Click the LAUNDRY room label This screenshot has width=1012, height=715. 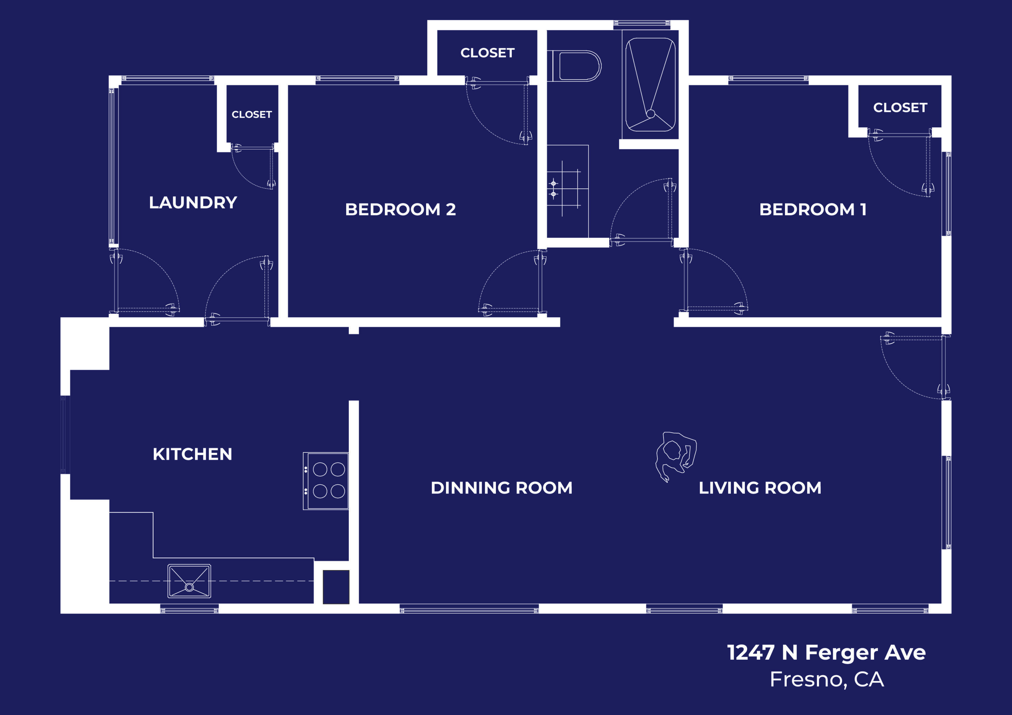pyautogui.click(x=193, y=203)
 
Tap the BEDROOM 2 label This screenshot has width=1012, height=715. pyautogui.click(x=400, y=210)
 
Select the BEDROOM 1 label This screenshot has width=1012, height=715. pyautogui.click(x=813, y=210)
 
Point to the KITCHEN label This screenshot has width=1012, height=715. pyautogui.click(x=192, y=454)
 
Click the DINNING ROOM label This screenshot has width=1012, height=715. pyautogui.click(x=502, y=488)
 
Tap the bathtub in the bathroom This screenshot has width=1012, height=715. pyautogui.click(x=650, y=85)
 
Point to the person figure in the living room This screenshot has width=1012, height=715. pyautogui.click(x=675, y=455)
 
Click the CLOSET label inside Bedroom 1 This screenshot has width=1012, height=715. pyautogui.click(x=900, y=108)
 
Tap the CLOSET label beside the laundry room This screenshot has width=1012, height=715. pyautogui.click(x=252, y=115)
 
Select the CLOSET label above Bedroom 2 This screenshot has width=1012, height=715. pyautogui.click(x=487, y=53)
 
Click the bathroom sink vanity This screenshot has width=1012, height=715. pyautogui.click(x=567, y=191)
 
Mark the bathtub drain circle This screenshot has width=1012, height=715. pyautogui.click(x=651, y=114)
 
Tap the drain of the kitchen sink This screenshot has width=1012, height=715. pyautogui.click(x=189, y=587)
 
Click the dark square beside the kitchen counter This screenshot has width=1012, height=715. pyautogui.click(x=336, y=587)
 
